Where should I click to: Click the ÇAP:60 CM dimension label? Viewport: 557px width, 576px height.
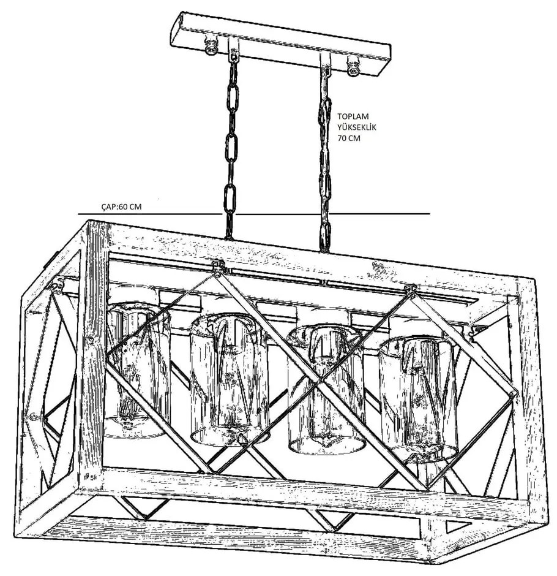121,207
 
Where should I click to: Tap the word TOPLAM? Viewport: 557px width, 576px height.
353,116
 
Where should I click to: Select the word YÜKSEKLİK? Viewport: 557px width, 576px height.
357,127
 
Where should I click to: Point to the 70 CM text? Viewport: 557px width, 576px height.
349,138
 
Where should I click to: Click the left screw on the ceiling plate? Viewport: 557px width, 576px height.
211,47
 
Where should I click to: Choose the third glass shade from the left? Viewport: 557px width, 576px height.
326,388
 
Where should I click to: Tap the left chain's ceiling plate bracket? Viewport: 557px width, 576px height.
233,50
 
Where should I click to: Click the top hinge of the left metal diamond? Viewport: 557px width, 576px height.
218,266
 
